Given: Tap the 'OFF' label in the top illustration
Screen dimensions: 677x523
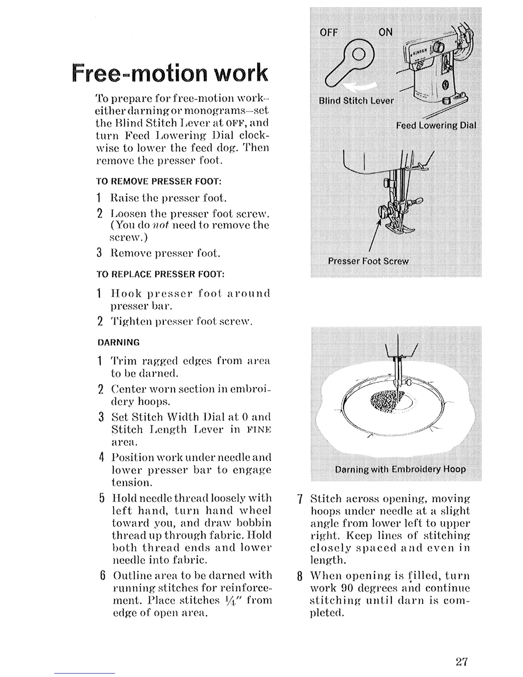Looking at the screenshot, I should [329, 32].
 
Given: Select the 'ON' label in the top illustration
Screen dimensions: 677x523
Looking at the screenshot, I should [385, 32].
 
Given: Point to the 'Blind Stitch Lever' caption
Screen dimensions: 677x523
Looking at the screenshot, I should [356, 101].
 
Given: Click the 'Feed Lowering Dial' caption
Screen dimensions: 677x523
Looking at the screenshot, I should [435, 125].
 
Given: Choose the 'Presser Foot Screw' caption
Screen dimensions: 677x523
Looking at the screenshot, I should [368, 261].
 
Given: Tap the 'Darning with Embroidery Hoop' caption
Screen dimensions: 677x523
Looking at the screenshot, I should [400, 469].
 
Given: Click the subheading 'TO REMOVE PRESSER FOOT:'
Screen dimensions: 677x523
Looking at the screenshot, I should [159, 181].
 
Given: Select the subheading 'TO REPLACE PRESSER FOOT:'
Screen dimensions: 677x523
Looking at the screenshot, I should [161, 274].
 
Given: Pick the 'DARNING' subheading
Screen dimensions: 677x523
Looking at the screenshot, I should [118, 342].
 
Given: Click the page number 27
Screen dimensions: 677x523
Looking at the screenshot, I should [462, 662].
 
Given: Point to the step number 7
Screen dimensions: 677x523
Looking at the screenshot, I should [300, 499].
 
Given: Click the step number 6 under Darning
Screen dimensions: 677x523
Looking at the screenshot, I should [102, 576].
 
